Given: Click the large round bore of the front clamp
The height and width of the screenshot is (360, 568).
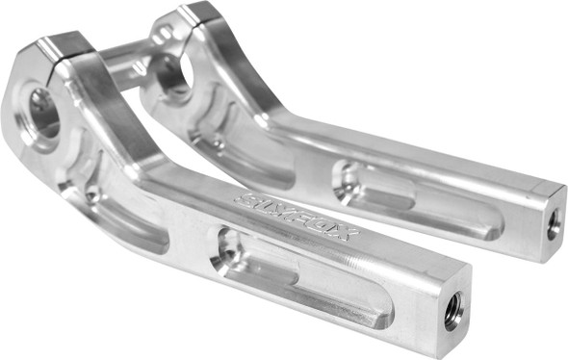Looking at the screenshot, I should click(43, 112).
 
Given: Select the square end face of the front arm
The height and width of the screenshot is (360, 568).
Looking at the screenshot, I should click(447, 314).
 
